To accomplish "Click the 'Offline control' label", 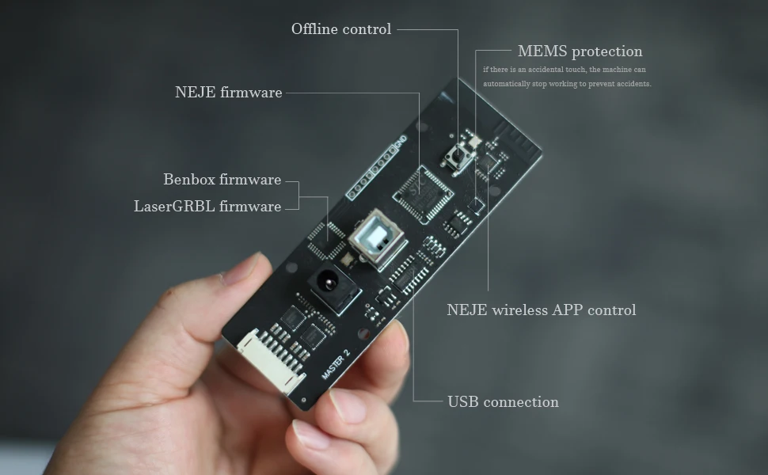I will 341,29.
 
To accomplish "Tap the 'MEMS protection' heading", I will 580,51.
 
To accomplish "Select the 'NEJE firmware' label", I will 228,93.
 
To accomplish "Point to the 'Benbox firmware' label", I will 222,180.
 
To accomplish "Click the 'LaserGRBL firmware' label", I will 207,207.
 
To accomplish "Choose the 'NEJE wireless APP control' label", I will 541,310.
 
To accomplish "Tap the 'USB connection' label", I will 503,402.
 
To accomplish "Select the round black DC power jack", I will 325,281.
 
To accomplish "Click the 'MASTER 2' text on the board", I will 336,363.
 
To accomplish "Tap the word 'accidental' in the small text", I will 548,70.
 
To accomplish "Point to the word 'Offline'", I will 315,29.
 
